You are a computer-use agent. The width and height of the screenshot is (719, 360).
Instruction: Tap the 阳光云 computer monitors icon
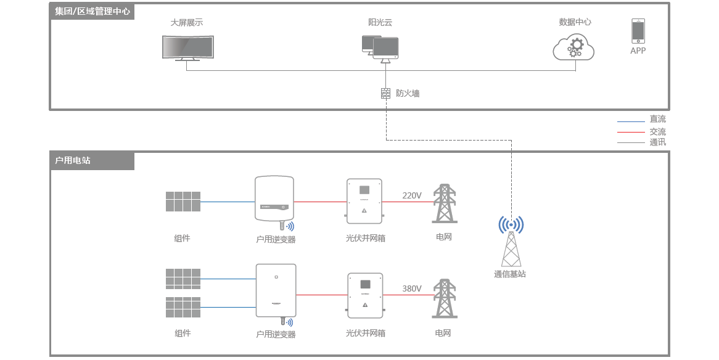[380, 48]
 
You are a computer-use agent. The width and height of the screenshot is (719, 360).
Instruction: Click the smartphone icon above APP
[638, 31]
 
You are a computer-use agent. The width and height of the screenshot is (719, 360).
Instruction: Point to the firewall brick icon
[386, 94]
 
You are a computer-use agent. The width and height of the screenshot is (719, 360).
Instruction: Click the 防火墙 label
[408, 94]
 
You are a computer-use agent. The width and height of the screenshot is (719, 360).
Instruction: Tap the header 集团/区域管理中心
[92, 11]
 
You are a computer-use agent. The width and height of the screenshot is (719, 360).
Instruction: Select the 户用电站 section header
[73, 160]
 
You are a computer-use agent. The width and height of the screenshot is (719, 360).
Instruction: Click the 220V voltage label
[412, 195]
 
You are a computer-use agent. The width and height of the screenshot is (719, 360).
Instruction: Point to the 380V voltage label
[412, 288]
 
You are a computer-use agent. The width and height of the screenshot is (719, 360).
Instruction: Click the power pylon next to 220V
[444, 203]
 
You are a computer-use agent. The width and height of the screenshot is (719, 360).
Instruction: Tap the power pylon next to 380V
[444, 298]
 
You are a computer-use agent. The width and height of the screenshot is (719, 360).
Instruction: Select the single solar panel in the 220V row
[183, 202]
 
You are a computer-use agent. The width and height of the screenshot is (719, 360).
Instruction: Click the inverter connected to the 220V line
[274, 199]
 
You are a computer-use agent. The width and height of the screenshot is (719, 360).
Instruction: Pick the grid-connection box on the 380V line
[365, 295]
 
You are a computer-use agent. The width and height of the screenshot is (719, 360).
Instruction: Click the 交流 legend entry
[657, 132]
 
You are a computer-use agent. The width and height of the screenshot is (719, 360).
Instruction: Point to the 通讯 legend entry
[657, 142]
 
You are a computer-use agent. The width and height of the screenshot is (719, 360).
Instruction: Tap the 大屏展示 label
[187, 22]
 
